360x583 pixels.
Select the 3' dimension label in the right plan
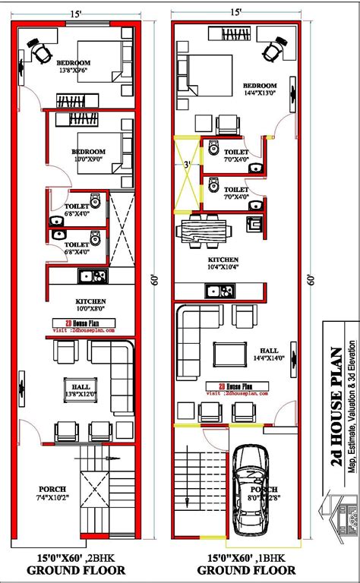click(187, 164)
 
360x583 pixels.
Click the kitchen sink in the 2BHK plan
click(87, 275)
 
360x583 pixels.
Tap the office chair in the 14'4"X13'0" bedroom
click(271, 51)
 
